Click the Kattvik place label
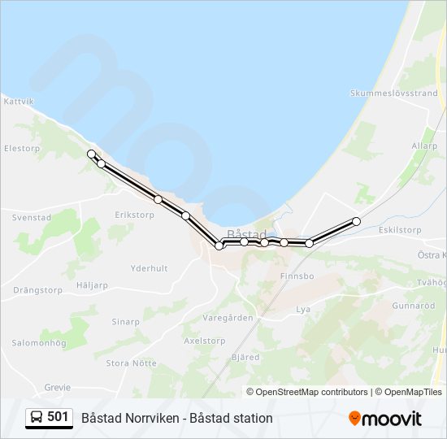tap(19, 102)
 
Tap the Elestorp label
tap(22, 149)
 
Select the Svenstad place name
tap(32, 218)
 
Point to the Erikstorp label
tap(134, 215)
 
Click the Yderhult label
tap(149, 268)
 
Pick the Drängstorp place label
tap(37, 289)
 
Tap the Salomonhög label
tap(38, 343)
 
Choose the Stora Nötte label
tap(131, 363)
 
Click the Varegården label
tap(228, 318)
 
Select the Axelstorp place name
tap(205, 341)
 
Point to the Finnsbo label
tap(297, 276)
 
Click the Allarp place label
tap(423, 146)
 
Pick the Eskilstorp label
tap(400, 230)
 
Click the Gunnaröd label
tap(414, 306)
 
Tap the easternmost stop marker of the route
tap(356, 221)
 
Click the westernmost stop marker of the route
tap(91, 154)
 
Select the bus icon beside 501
tap(37, 418)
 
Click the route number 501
tap(58, 417)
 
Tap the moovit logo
tap(385, 418)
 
